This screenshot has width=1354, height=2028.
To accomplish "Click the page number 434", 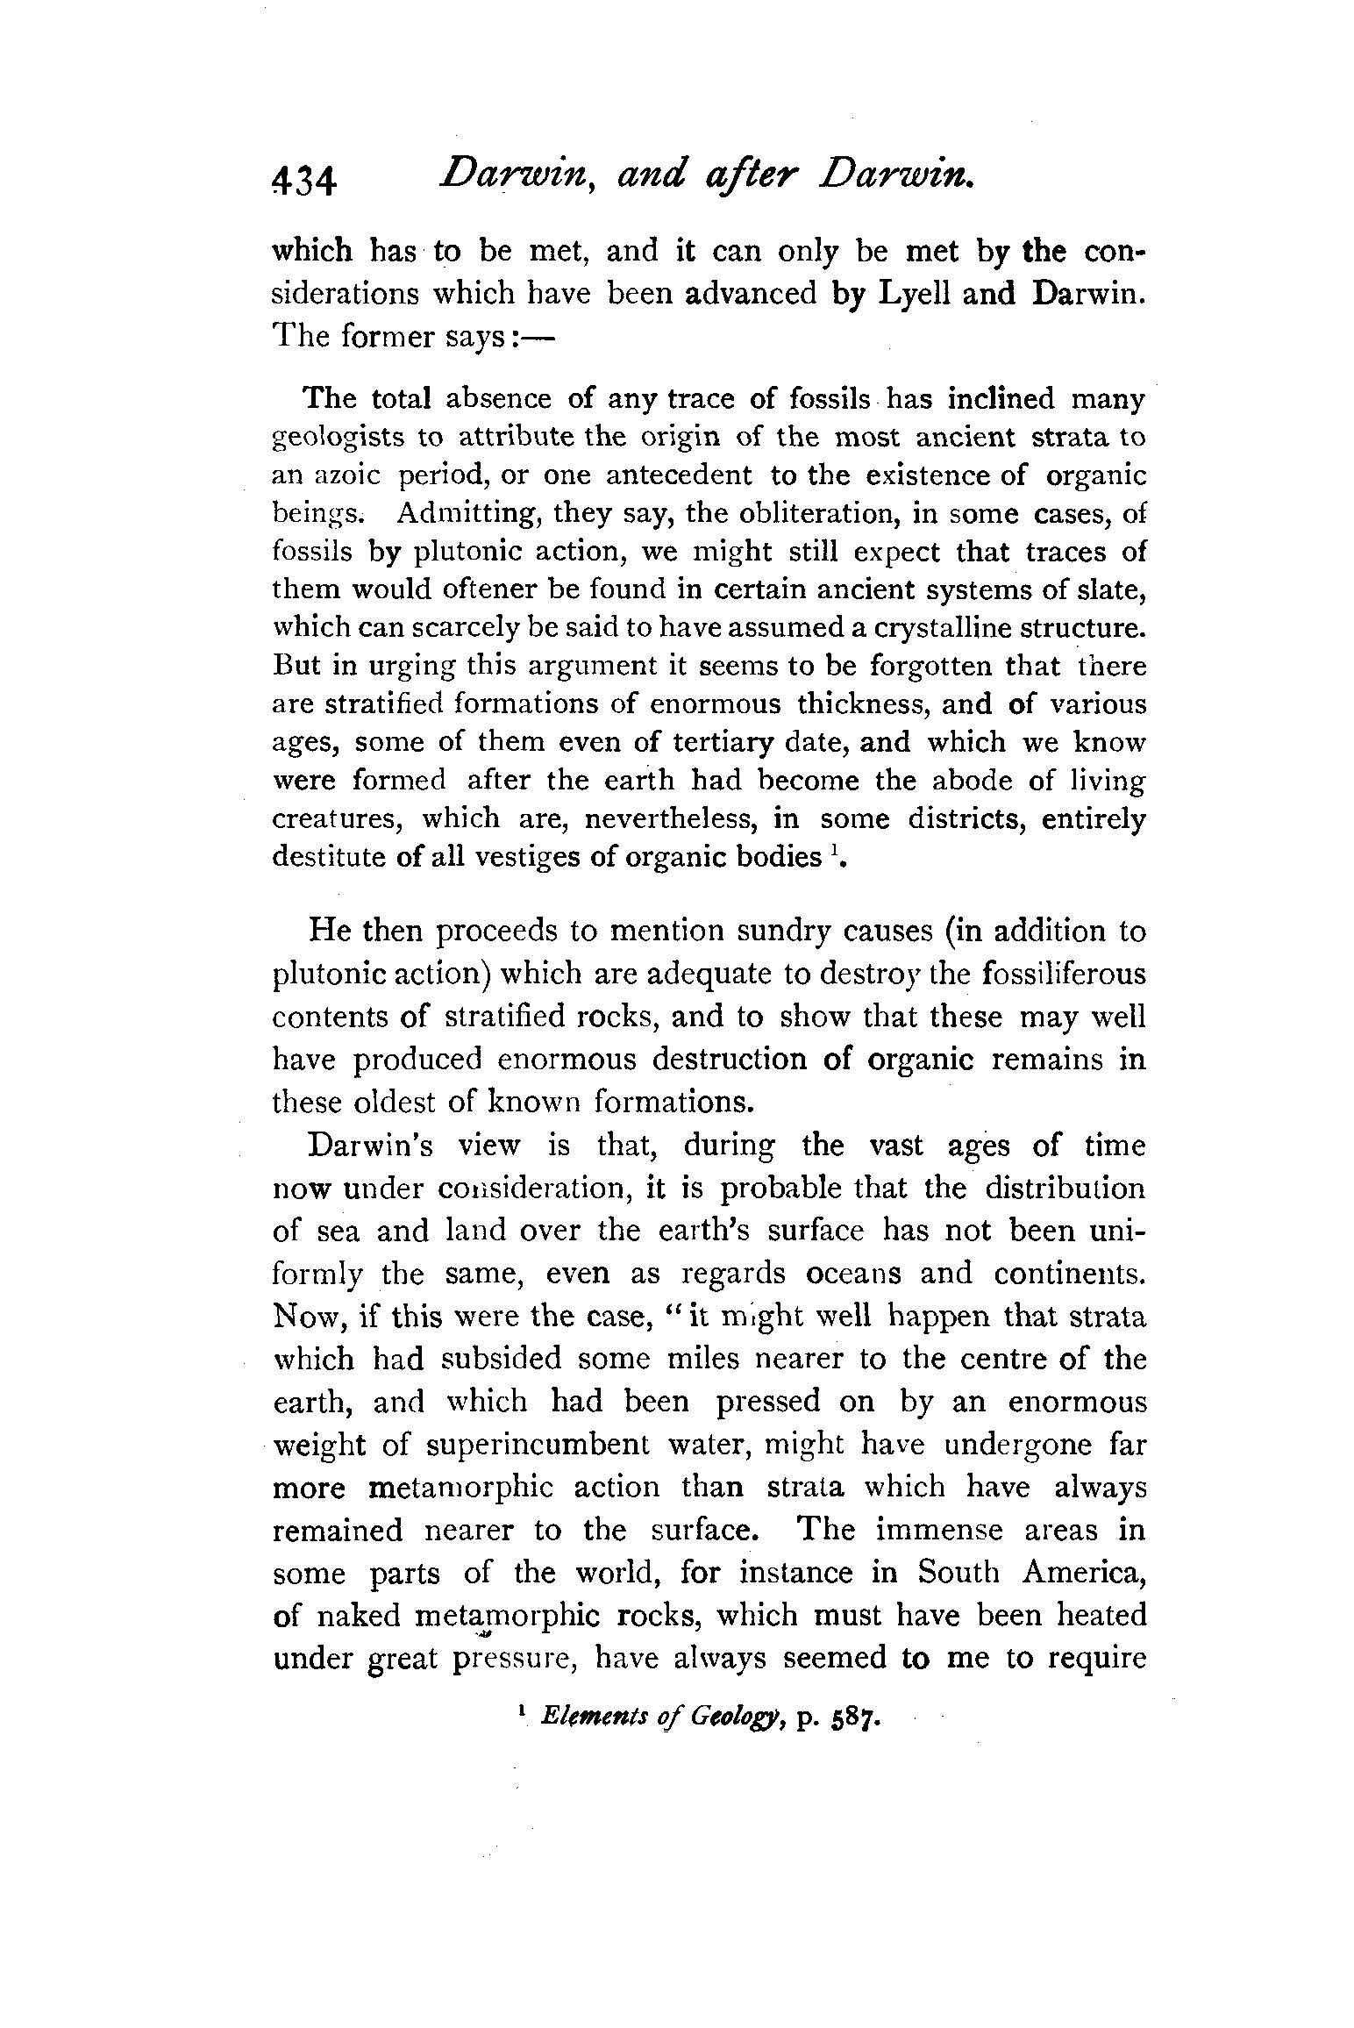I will tap(303, 182).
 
